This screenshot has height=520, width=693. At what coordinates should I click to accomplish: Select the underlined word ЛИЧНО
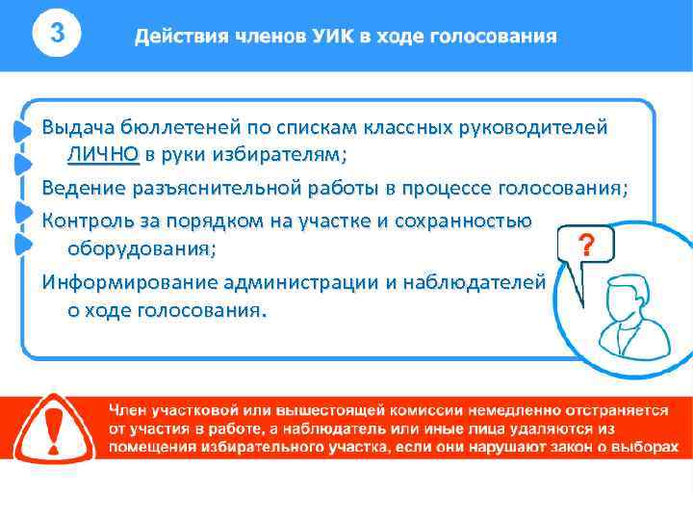(x=103, y=154)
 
